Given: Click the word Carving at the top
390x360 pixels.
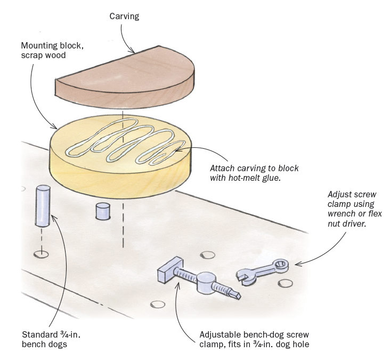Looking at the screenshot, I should [124, 17].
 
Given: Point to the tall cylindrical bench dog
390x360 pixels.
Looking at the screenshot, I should [43, 205].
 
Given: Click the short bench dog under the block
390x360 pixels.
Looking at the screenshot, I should [101, 211].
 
